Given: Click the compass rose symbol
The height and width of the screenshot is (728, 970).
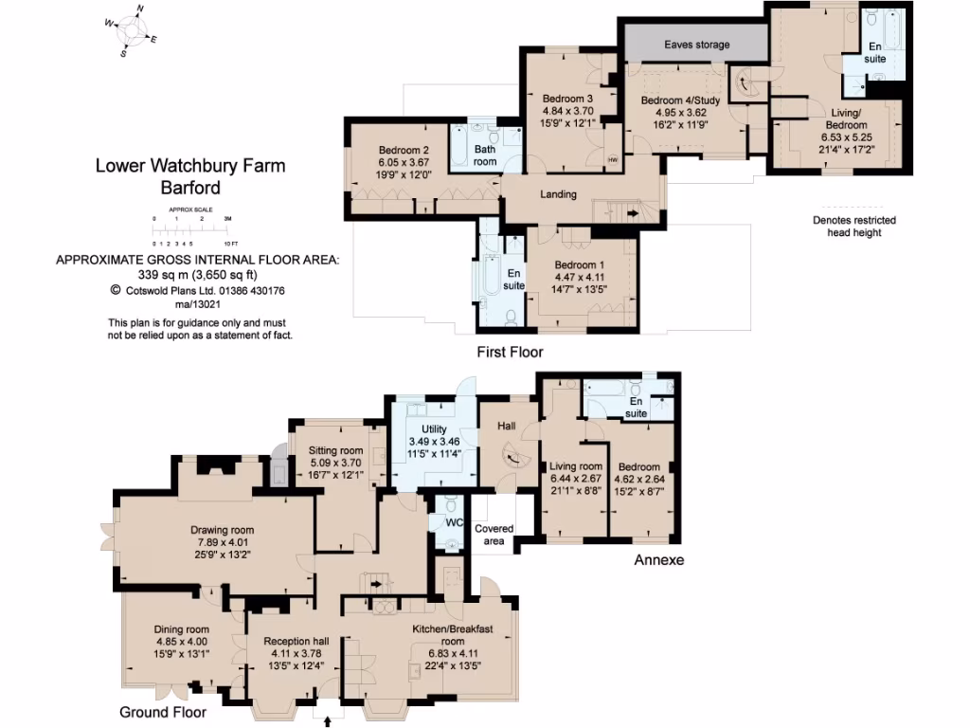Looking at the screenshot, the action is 131,31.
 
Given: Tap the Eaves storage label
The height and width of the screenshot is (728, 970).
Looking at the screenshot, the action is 696,45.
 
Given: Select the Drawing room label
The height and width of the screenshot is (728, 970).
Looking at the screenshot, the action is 222,530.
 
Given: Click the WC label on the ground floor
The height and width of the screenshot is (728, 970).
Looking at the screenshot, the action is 454,522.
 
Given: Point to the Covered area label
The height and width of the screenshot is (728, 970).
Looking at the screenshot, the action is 494,535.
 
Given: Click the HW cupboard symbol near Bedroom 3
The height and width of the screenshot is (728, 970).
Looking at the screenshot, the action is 613,159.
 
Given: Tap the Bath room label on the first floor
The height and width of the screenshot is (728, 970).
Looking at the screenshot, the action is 485,155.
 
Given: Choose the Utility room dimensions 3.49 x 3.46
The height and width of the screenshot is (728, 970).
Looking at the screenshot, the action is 434,442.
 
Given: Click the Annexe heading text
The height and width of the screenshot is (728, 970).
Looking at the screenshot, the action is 659,560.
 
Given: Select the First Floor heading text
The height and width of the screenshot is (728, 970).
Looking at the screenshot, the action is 510,353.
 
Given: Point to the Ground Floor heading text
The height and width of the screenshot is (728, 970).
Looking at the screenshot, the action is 163,713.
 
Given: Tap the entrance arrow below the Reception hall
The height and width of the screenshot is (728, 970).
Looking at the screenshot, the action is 328,721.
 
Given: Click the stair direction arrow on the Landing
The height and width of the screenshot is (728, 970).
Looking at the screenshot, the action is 633,213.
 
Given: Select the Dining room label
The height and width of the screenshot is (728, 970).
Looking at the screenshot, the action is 182,629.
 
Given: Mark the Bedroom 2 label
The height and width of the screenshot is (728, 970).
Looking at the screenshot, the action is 404,151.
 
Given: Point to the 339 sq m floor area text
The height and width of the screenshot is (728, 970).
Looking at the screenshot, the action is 197,274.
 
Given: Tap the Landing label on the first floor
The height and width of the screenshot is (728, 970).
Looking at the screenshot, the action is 558,194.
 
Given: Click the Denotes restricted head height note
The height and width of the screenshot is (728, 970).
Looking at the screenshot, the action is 854,227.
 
